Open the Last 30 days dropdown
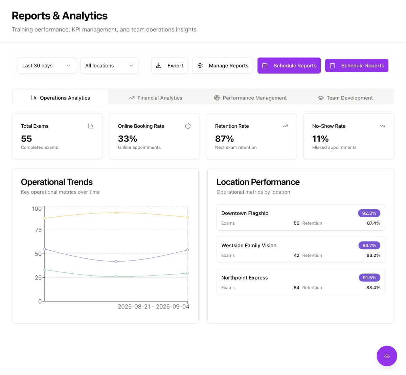47,66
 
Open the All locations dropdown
110,66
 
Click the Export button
170,66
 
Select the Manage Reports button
223,66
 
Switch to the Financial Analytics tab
156,98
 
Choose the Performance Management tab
250,98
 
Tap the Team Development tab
345,98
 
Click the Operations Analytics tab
61,98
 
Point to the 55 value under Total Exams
26,139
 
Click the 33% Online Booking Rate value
128,139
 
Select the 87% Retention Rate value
224,139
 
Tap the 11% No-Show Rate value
320,139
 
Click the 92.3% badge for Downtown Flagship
369,213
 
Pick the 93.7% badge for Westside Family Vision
369,245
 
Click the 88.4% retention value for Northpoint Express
373,288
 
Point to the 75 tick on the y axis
38,230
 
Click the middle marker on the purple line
116,262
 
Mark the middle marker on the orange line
116,213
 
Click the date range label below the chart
153,307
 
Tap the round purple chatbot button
387,356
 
